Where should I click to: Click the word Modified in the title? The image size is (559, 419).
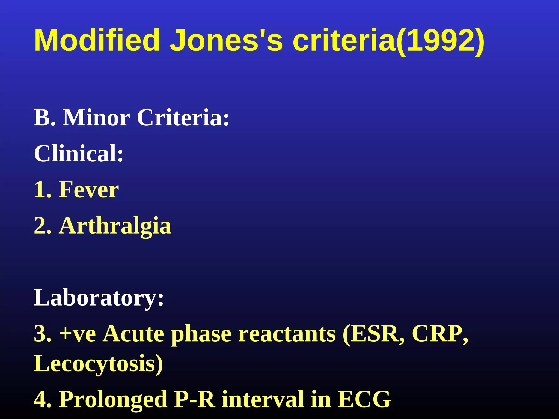click(97, 40)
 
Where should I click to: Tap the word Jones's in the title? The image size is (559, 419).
click(226, 40)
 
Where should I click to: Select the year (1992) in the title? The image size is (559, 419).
click(440, 41)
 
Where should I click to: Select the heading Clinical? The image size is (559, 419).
click(79, 154)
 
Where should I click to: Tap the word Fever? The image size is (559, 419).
click(89, 190)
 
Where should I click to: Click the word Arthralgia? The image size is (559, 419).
click(115, 226)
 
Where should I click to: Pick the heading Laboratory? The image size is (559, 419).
click(99, 298)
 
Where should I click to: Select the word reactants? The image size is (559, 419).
click(287, 334)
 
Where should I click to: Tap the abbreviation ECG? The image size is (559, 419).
click(364, 399)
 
